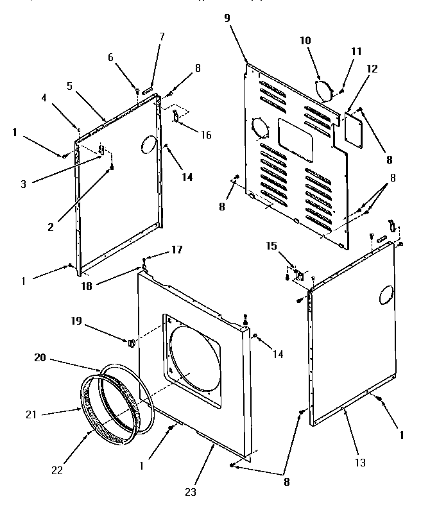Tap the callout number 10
coord(305,40)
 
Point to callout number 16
coord(205,135)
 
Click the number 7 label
coord(162,37)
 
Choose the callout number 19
coord(76,321)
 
